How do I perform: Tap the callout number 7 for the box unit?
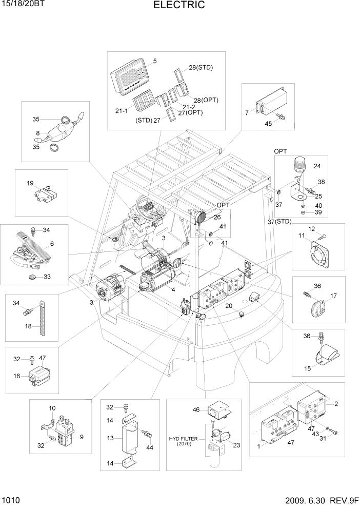tap(247, 112)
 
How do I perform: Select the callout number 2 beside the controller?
tap(336, 404)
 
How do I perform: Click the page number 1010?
tap(11, 499)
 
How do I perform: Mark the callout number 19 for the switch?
tap(30, 183)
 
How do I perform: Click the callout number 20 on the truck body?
tap(229, 306)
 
